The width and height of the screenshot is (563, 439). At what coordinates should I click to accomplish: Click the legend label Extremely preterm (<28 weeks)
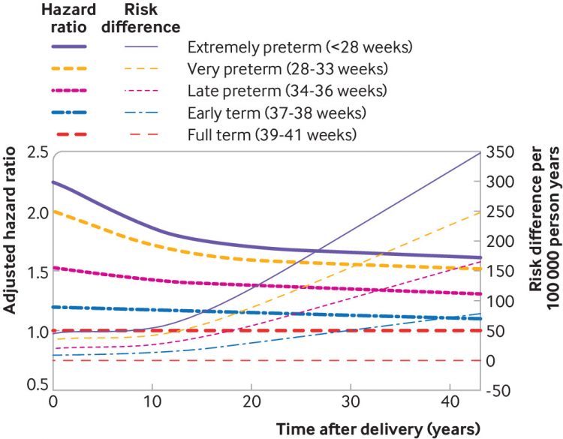300,47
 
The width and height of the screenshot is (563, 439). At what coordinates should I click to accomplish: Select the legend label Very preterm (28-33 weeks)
288,69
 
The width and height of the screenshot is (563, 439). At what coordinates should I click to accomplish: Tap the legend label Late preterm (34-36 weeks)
287,91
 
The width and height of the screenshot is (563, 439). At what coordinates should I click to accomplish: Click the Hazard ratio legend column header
70,19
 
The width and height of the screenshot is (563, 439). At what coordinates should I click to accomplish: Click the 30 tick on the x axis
350,403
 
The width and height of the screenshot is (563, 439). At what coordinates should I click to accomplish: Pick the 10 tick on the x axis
152,403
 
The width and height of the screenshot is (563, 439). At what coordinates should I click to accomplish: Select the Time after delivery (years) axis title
377,429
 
